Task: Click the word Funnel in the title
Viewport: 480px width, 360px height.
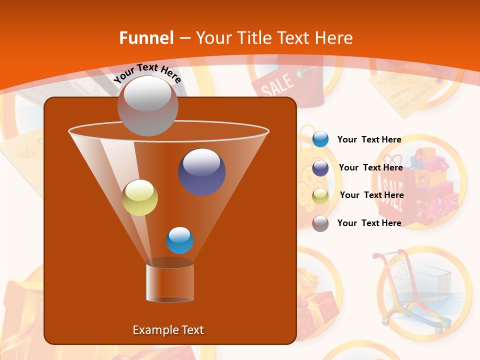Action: click(x=146, y=38)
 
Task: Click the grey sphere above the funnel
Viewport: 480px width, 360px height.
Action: click(x=147, y=105)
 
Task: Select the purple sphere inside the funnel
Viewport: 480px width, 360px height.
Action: click(x=202, y=172)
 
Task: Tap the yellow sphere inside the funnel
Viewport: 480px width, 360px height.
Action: click(x=140, y=197)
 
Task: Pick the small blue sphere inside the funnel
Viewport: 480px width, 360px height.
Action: click(x=179, y=240)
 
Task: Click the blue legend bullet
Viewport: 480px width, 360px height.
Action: click(x=320, y=139)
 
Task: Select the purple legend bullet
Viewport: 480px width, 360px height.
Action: click(x=320, y=168)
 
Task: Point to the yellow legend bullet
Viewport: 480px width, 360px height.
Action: click(x=320, y=195)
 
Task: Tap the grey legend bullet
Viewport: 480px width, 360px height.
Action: click(x=320, y=223)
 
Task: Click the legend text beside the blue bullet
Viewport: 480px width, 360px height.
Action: click(x=369, y=139)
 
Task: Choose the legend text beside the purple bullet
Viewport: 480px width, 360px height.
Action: click(x=370, y=167)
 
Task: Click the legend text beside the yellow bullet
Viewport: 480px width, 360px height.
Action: click(x=371, y=195)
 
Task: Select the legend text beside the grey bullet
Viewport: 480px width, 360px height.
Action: click(x=369, y=223)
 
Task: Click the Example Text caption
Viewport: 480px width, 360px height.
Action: click(x=168, y=330)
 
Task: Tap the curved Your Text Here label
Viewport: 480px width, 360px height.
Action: click(x=147, y=73)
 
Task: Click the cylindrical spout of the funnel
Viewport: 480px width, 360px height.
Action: click(x=170, y=282)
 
